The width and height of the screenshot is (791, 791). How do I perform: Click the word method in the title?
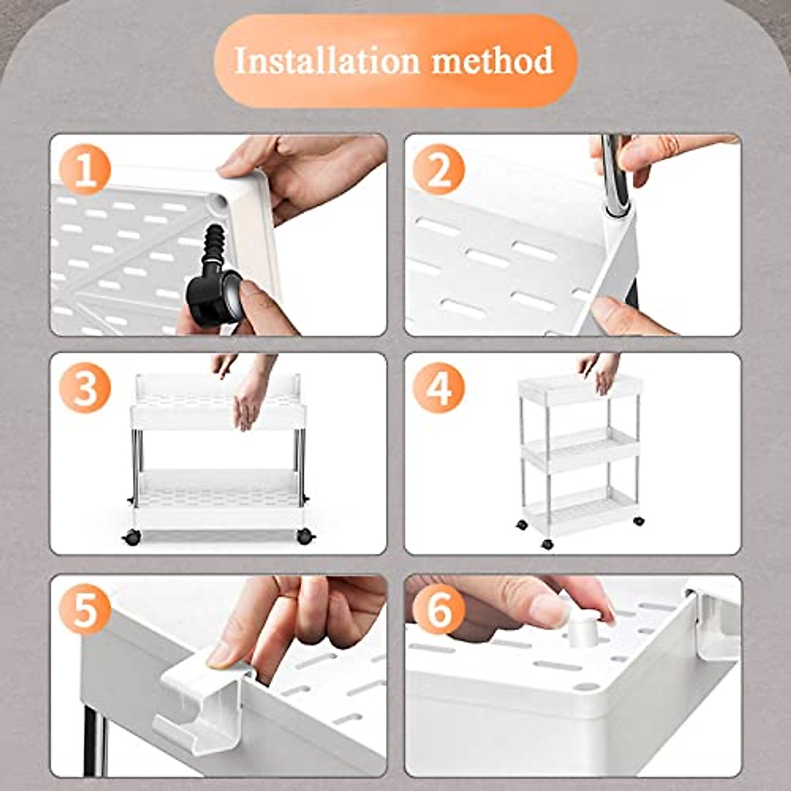click(492, 61)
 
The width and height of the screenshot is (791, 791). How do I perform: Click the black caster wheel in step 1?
click(214, 301)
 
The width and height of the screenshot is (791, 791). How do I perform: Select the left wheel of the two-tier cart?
click(132, 537)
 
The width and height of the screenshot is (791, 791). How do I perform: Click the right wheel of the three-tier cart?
click(638, 521)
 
